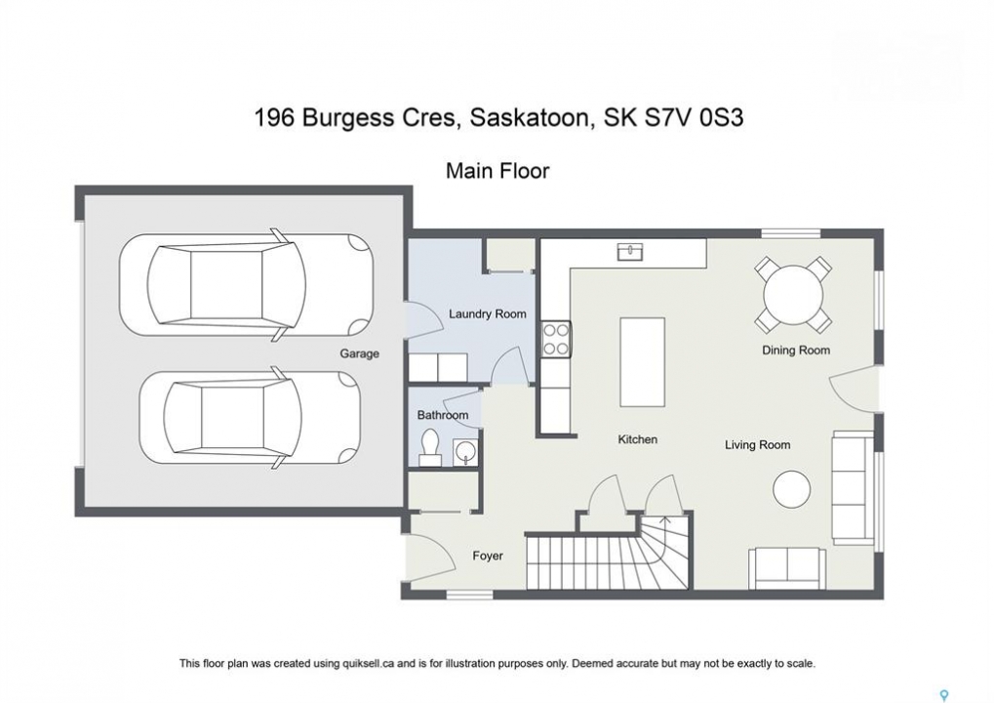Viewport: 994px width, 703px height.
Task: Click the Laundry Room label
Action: [x=487, y=313]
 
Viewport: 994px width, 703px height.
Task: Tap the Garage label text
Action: [x=359, y=353]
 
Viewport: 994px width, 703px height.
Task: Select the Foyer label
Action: [x=488, y=556]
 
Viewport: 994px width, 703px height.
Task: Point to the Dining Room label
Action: [x=796, y=351]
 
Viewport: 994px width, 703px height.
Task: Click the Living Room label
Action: [x=758, y=445]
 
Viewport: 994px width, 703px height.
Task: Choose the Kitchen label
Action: [x=638, y=439]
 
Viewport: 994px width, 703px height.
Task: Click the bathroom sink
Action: [x=465, y=451]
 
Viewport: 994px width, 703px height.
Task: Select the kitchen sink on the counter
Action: [x=629, y=251]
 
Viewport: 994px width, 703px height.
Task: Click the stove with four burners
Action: [x=556, y=339]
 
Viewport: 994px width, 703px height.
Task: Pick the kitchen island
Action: [x=642, y=362]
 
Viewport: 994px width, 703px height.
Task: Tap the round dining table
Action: [x=792, y=295]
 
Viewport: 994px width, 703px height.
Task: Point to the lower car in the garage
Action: [x=251, y=418]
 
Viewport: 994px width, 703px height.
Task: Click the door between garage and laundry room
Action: [x=423, y=314]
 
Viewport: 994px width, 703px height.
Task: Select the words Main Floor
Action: [x=497, y=171]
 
